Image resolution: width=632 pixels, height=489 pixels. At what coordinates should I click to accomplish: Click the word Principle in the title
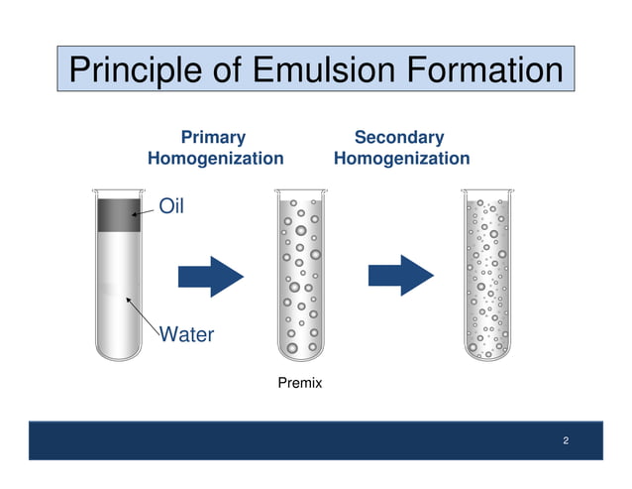139,71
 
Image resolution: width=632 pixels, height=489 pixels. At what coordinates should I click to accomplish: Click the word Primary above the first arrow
213,137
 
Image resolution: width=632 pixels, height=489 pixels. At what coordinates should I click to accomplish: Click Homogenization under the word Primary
215,159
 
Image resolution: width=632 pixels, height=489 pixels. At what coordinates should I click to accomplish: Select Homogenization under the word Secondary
401,159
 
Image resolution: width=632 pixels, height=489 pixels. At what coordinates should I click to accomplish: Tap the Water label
186,334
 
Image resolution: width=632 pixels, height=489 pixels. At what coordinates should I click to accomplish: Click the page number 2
565,440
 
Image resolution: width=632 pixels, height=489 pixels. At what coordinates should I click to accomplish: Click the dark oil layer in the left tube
118,214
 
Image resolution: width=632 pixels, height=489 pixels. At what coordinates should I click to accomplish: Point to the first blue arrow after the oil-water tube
210,275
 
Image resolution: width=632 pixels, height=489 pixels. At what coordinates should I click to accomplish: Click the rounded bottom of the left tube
118,347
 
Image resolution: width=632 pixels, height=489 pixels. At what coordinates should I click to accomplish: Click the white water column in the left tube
118,288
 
